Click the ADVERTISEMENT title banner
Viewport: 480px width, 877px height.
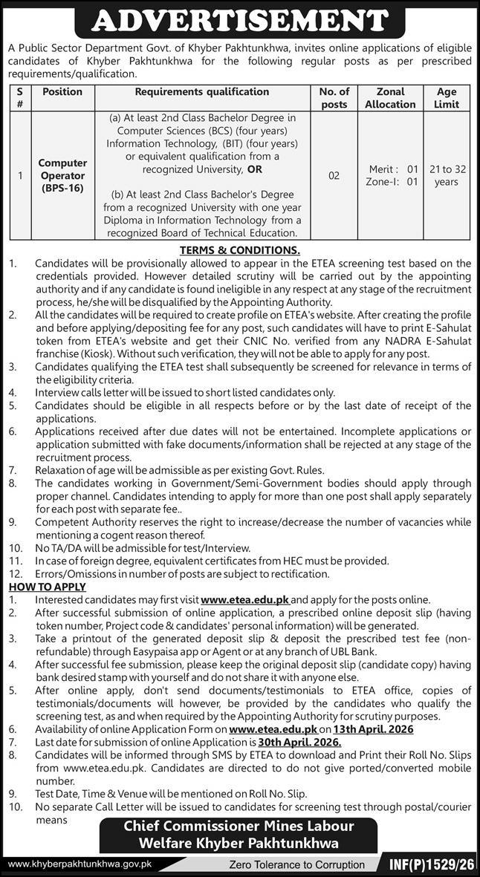239,20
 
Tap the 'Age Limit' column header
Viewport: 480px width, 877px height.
447,98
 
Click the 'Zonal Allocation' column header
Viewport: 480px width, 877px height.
391,98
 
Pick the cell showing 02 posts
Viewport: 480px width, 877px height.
334,176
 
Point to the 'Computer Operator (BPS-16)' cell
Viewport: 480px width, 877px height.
63,176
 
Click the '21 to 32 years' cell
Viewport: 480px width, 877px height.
447,176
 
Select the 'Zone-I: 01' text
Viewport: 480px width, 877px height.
391,182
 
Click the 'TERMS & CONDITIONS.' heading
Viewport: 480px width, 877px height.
239,250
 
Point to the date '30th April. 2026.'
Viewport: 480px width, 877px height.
300,742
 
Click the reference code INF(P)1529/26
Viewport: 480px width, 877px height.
432,864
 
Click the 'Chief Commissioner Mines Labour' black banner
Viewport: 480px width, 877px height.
239,826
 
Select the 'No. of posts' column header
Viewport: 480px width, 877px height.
334,98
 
